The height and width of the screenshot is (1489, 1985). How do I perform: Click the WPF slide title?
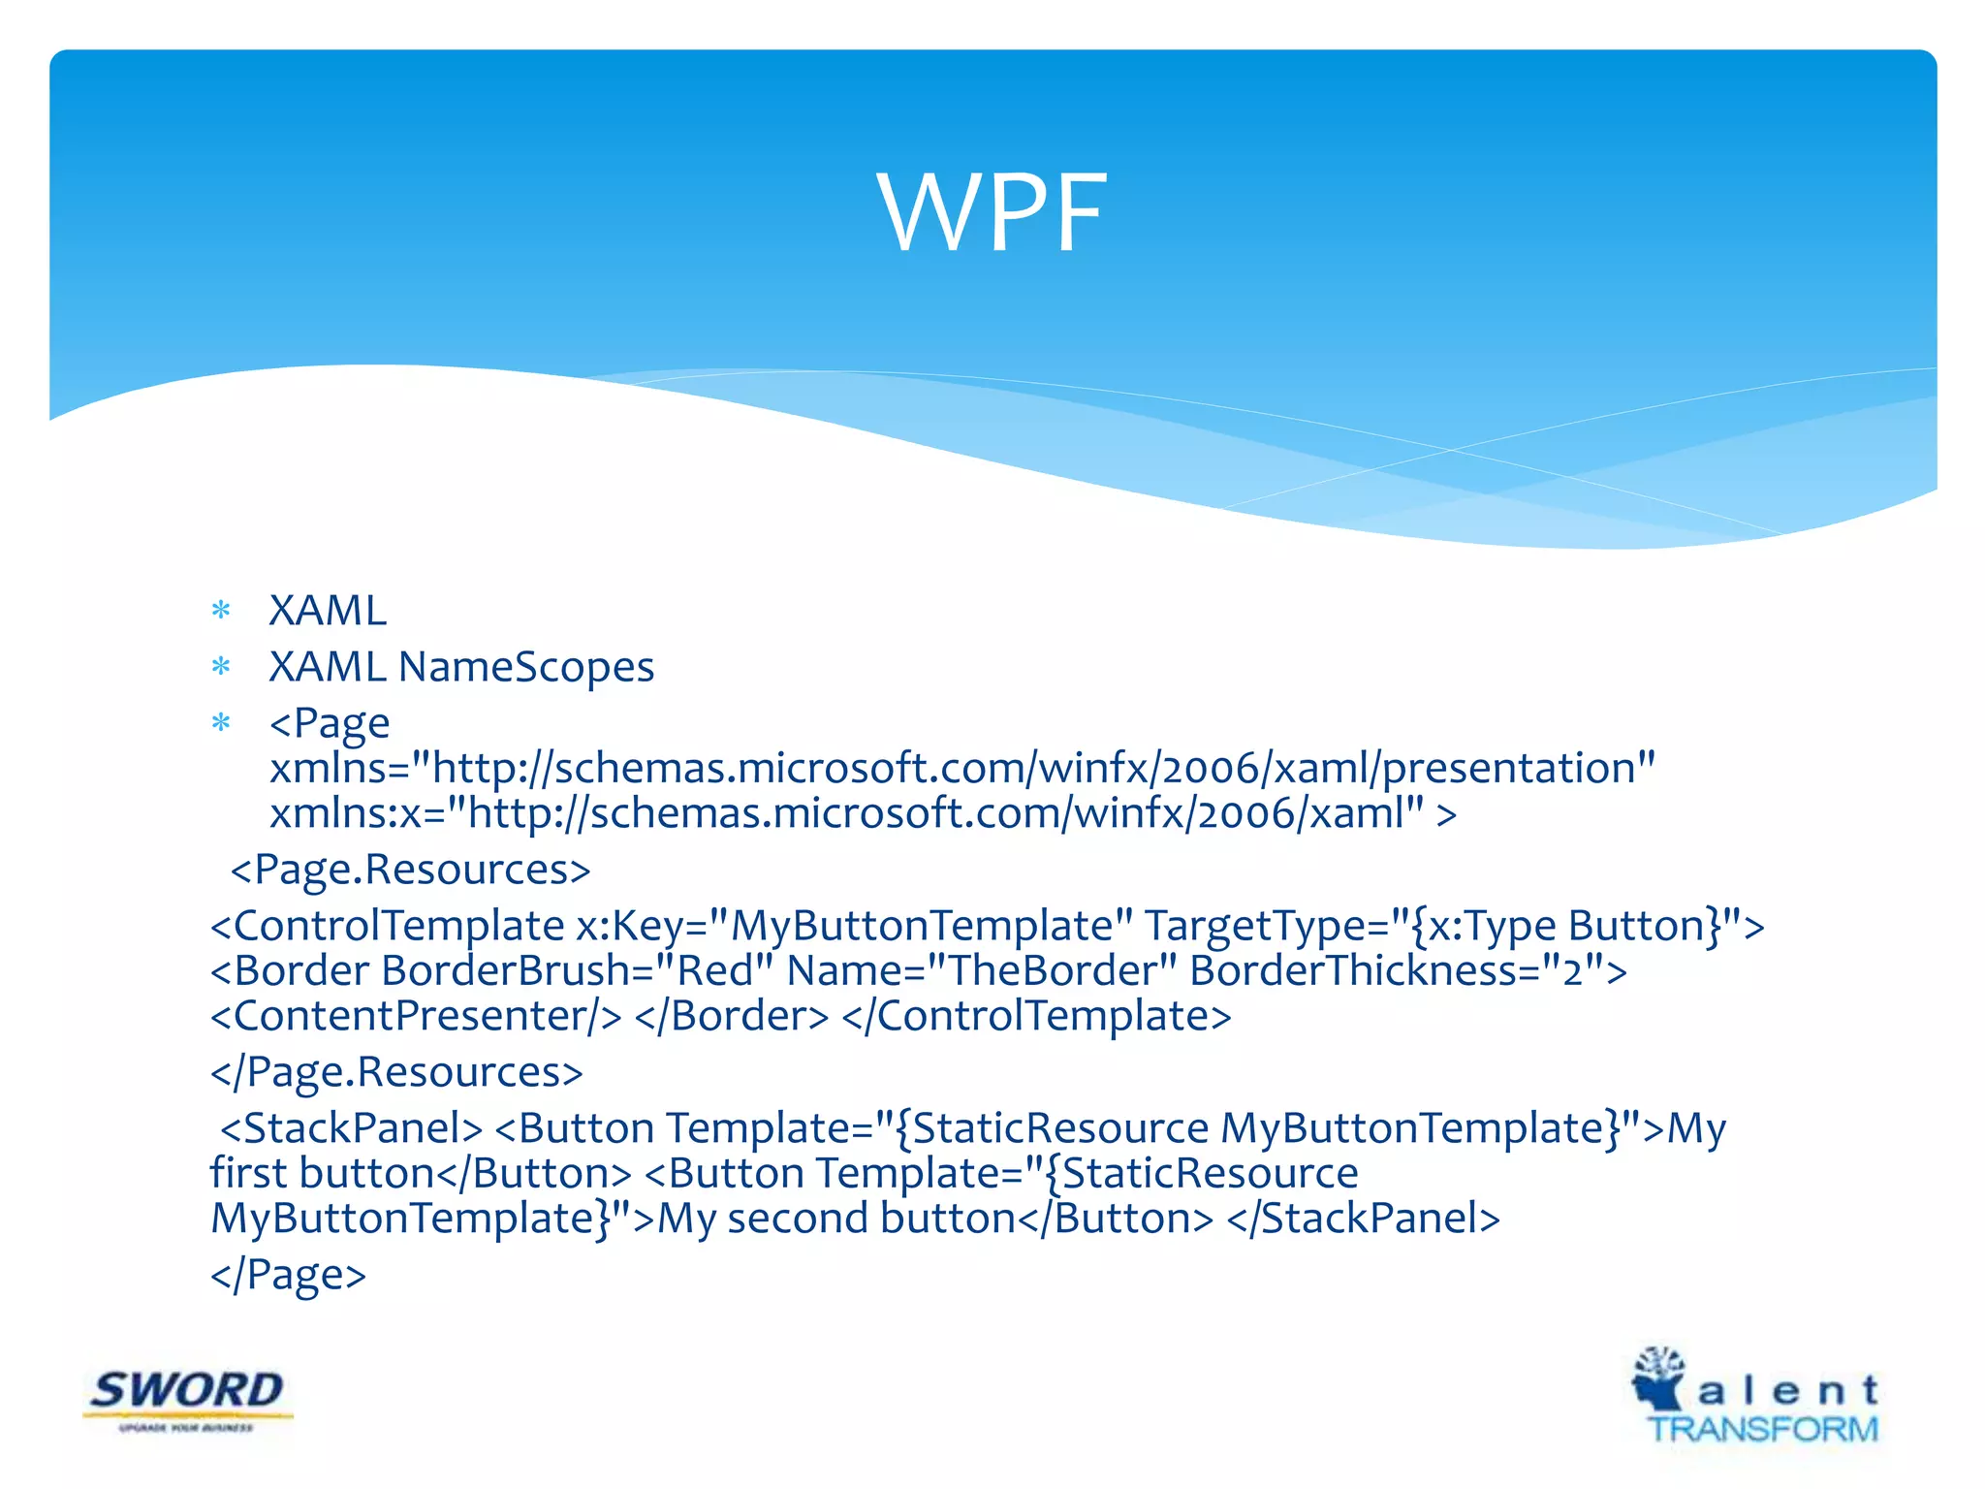tap(992, 212)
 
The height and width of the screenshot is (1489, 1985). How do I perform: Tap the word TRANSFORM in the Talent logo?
tap(1763, 1429)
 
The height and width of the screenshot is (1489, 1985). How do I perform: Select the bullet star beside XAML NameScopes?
tap(222, 667)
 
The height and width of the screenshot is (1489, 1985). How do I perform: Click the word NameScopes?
tap(526, 667)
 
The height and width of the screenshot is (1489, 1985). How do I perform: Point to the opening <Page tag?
tap(330, 723)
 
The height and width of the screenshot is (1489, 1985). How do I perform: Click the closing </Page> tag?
tap(288, 1274)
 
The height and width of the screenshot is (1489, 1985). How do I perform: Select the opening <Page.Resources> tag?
tap(410, 870)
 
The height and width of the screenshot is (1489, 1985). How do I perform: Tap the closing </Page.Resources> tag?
tap(396, 1072)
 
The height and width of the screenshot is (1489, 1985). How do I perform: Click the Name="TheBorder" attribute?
tap(982, 970)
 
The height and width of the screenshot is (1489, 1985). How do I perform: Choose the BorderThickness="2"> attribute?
tap(1408, 970)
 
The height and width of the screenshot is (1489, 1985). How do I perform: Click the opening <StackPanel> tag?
tap(351, 1128)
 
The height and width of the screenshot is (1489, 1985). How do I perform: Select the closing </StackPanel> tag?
tap(1364, 1219)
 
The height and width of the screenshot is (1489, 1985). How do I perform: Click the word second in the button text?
tap(797, 1219)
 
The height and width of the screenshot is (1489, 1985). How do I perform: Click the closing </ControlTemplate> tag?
tap(1037, 1016)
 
